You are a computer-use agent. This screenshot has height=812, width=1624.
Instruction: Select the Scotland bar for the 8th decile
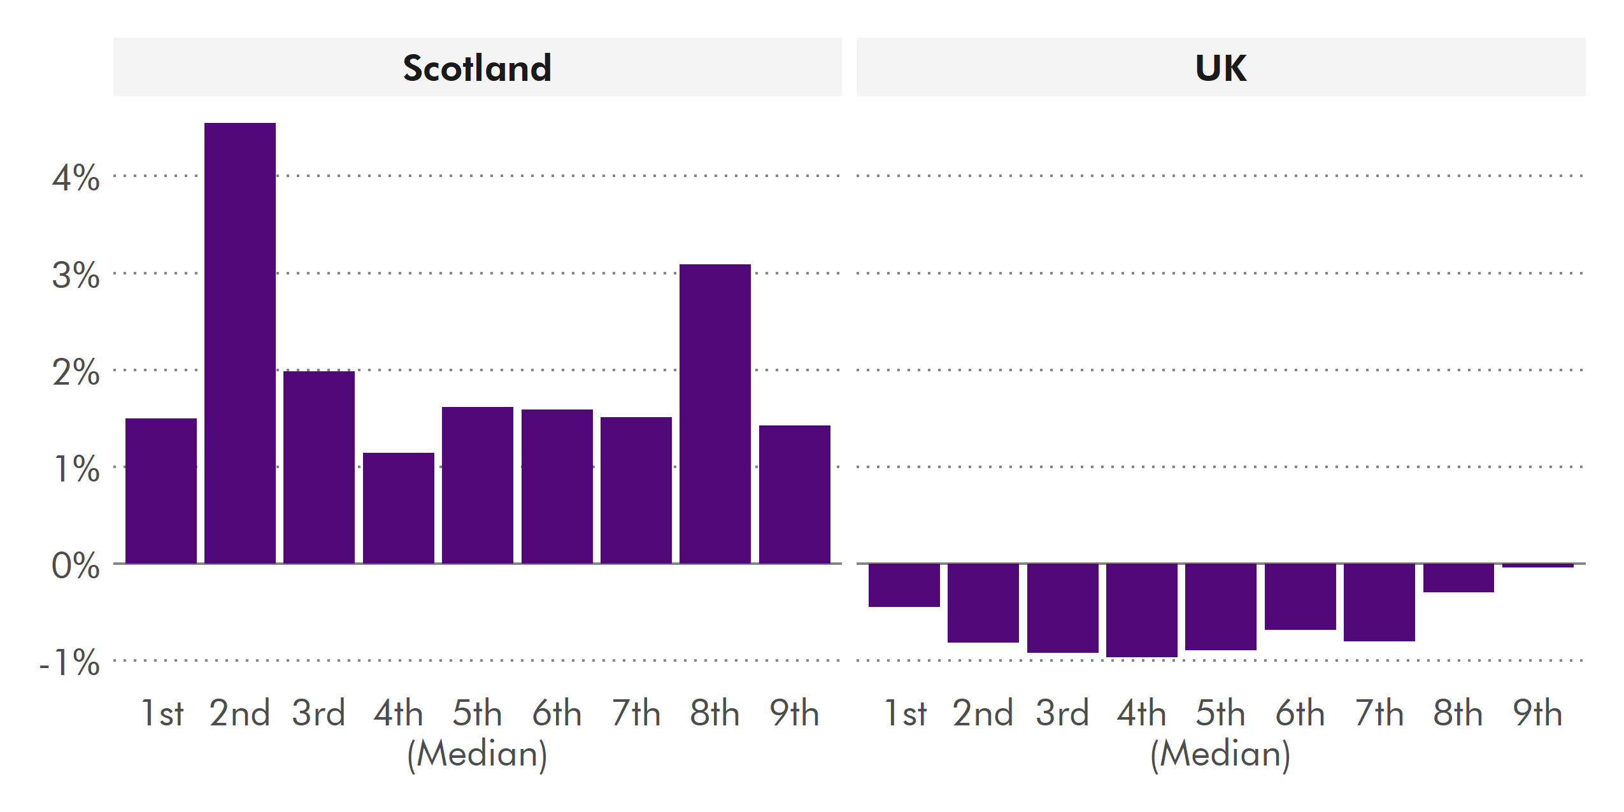click(x=715, y=413)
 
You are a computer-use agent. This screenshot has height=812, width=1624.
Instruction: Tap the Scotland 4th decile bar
click(x=399, y=508)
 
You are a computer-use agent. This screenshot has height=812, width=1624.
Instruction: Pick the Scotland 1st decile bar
click(x=161, y=490)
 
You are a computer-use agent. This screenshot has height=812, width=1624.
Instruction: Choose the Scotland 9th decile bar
click(x=794, y=494)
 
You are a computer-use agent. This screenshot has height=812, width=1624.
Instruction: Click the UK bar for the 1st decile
click(x=904, y=585)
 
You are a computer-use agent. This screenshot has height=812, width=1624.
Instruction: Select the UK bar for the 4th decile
click(x=1142, y=609)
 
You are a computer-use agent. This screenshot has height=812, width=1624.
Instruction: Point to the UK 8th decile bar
click(x=1458, y=578)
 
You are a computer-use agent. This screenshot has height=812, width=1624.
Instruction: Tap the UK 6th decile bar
click(x=1300, y=596)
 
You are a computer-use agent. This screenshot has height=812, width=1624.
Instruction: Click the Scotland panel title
click(x=477, y=68)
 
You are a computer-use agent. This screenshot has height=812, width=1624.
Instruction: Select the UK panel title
click(x=1221, y=68)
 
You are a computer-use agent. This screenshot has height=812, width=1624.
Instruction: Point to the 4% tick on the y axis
click(x=76, y=178)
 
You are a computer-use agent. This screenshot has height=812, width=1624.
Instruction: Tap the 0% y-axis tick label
click(x=76, y=566)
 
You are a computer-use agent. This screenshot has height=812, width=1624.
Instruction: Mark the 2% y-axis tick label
click(x=76, y=372)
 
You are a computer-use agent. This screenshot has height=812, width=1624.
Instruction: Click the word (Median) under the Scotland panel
click(x=477, y=754)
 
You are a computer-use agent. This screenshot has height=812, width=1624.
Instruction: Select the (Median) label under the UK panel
click(x=1220, y=754)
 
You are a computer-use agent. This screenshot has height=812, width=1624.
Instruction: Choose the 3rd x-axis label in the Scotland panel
click(x=318, y=713)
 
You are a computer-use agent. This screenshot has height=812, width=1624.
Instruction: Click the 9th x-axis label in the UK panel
click(x=1537, y=713)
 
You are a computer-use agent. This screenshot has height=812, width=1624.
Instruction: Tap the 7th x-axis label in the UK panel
click(x=1379, y=713)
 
